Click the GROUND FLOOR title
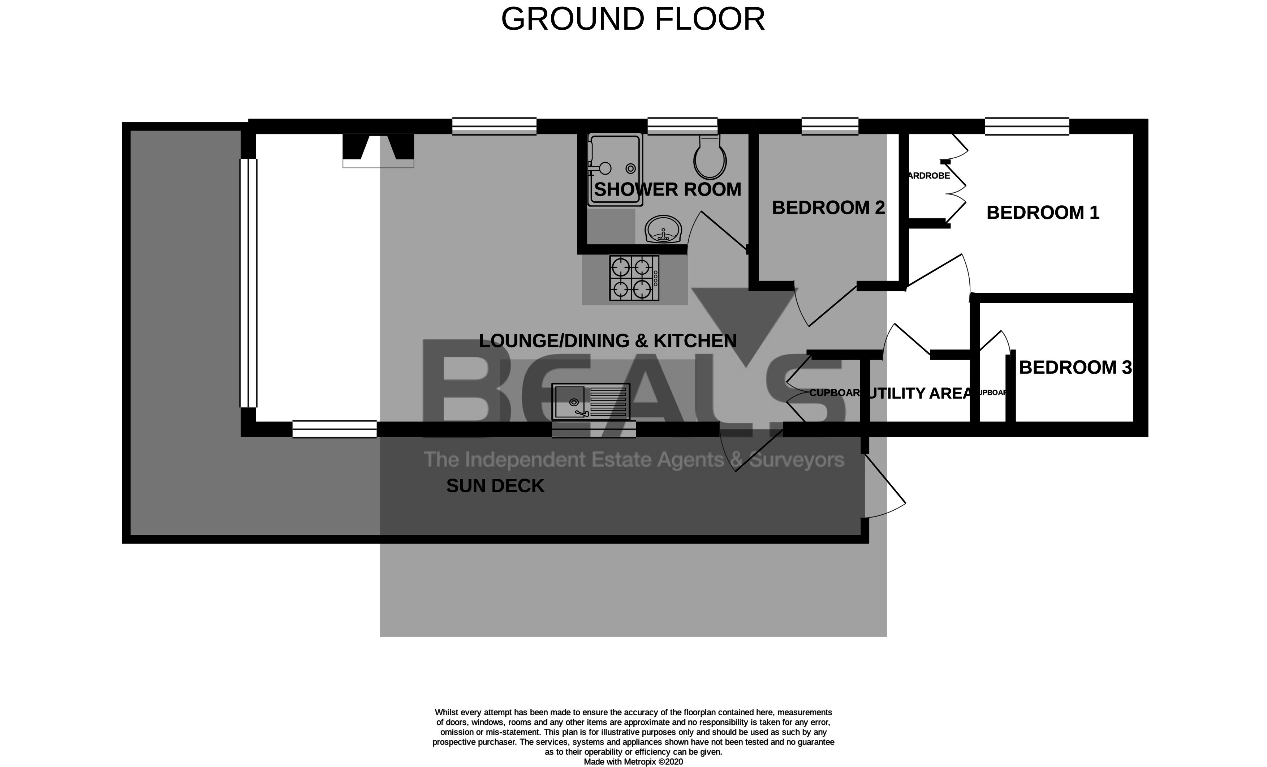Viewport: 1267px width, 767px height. [x=633, y=20]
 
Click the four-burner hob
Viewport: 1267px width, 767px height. [x=634, y=278]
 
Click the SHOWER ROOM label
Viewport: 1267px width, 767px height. [x=667, y=190]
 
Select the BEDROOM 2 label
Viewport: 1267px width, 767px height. [x=828, y=208]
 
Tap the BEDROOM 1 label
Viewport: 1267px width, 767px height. [x=1043, y=213]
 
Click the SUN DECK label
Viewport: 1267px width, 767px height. [x=495, y=486]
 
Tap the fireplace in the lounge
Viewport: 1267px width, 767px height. [x=379, y=150]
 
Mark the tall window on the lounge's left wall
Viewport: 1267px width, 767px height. [x=249, y=283]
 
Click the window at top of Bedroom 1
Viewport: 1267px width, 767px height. [x=1027, y=126]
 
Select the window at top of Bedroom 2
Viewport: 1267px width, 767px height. [x=830, y=126]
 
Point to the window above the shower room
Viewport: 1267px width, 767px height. [x=682, y=126]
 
